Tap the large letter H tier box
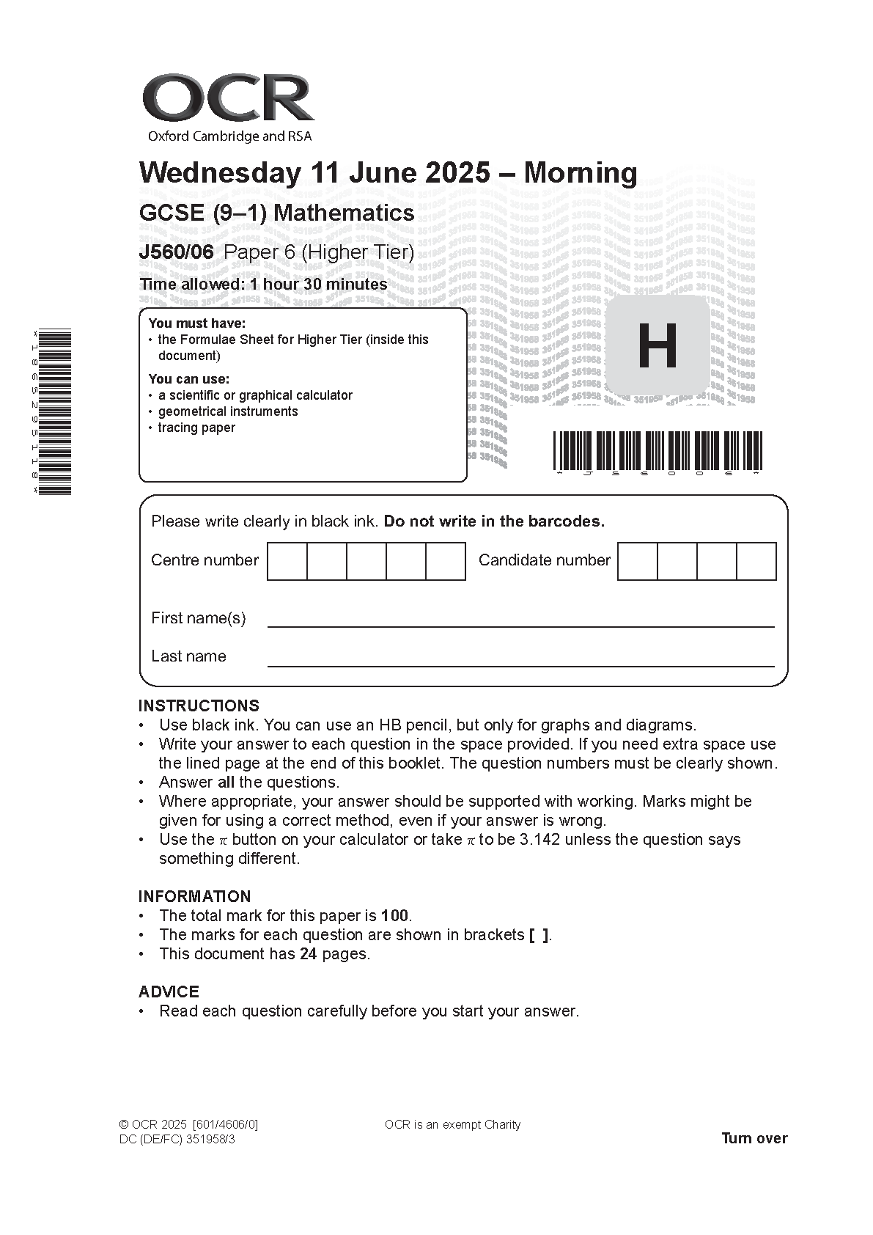click(x=657, y=346)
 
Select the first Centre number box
click(x=287, y=561)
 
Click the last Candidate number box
click(x=756, y=561)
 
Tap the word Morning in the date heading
click(x=581, y=173)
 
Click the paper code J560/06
click(x=176, y=252)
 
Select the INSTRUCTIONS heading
click(x=199, y=706)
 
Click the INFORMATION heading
click(x=194, y=896)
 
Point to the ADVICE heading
click(x=169, y=992)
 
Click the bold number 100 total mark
click(x=395, y=915)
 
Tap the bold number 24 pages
click(x=308, y=953)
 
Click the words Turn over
click(x=754, y=1138)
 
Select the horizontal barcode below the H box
click(x=657, y=450)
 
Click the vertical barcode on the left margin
click(x=55, y=411)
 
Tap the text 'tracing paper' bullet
click(x=196, y=428)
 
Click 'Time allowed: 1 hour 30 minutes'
click(x=263, y=285)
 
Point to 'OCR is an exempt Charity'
click(x=452, y=1124)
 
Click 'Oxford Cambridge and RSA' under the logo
click(x=229, y=136)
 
